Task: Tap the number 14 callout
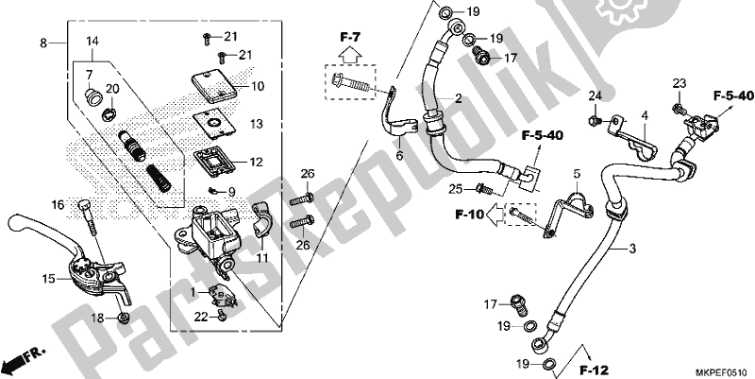click(x=92, y=42)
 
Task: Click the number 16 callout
click(x=58, y=204)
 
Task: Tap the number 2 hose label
click(x=458, y=98)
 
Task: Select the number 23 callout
click(x=678, y=85)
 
